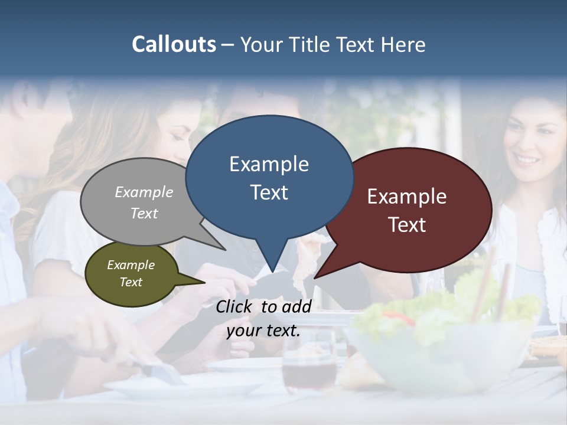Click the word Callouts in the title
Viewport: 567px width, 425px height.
(174, 44)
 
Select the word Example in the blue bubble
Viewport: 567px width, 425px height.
(269, 164)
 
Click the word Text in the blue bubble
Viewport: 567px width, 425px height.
(269, 192)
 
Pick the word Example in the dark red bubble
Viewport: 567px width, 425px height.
(407, 197)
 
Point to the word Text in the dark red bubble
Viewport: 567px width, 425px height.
(407, 224)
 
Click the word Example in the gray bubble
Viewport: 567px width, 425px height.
(144, 192)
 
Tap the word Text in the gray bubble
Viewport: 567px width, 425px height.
(144, 213)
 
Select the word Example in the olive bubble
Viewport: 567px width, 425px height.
(131, 265)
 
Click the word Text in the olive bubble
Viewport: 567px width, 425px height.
(131, 282)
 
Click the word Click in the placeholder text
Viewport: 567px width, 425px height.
(235, 306)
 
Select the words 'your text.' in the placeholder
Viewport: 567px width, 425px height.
(263, 331)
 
